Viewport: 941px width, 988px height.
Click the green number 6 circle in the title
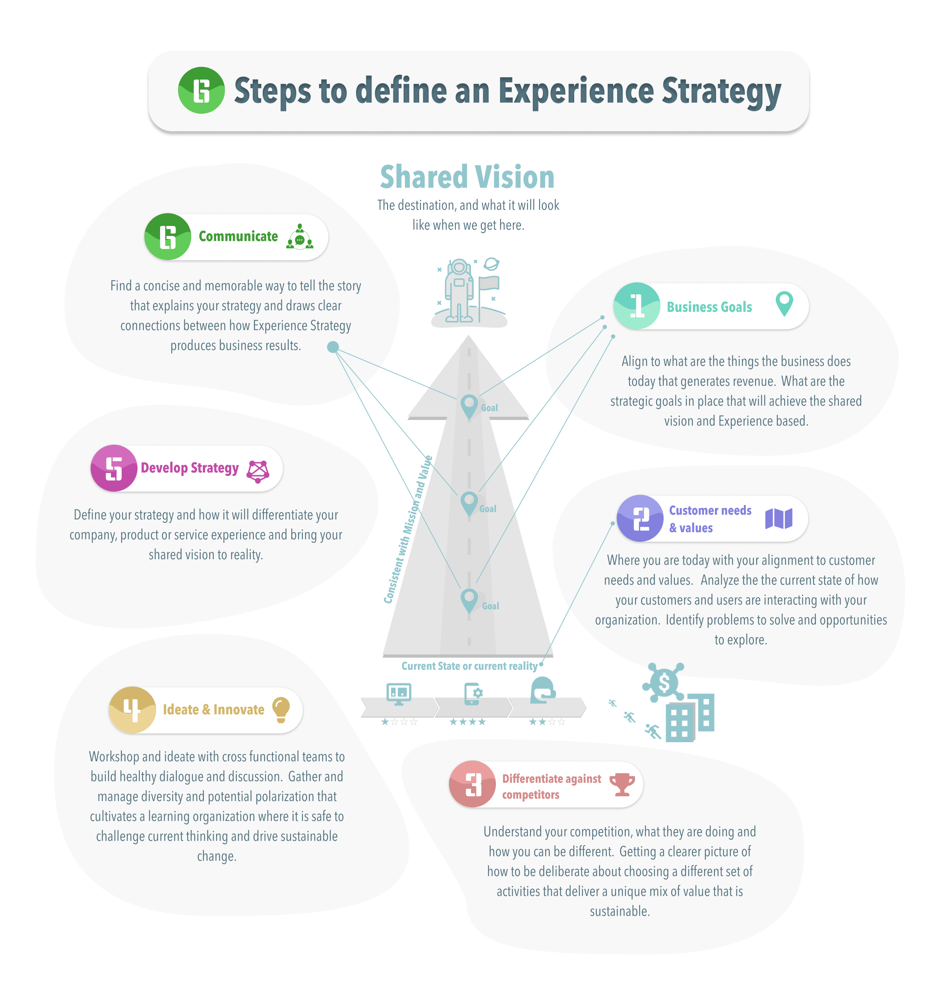[x=201, y=90]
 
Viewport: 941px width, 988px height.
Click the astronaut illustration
[x=459, y=291]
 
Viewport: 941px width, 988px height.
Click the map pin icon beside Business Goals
[x=784, y=304]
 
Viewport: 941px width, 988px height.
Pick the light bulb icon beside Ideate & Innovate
[x=281, y=709]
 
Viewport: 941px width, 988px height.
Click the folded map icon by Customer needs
[x=778, y=518]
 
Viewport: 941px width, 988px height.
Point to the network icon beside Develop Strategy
[x=258, y=471]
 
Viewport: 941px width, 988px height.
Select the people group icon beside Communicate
[x=300, y=237]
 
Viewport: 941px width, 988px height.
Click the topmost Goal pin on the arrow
[x=469, y=406]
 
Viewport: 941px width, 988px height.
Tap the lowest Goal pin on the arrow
[x=469, y=600]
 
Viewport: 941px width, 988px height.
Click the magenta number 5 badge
[x=114, y=468]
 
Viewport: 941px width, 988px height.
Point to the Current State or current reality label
[x=469, y=666]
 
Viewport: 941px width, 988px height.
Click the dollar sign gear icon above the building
[x=663, y=682]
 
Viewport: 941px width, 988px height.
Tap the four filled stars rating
[x=467, y=722]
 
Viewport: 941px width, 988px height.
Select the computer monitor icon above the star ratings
[x=399, y=693]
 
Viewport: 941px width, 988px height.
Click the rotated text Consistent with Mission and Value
[x=407, y=530]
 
